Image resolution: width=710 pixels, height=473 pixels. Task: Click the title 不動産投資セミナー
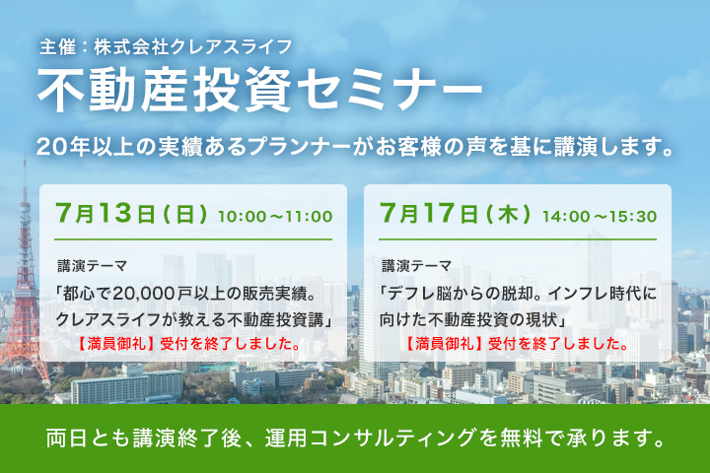[x=259, y=90]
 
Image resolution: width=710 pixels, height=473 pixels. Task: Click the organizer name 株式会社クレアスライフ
[x=193, y=47]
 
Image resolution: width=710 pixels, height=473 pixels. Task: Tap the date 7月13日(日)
[x=131, y=213]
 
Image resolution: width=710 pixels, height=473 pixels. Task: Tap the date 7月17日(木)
[x=455, y=213]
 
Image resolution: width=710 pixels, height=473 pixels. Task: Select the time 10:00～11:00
[x=275, y=217]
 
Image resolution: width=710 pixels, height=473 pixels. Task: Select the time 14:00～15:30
[x=600, y=217]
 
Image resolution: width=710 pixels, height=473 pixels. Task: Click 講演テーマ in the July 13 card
[x=92, y=266]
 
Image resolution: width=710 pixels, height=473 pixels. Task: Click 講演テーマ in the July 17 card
[x=416, y=266]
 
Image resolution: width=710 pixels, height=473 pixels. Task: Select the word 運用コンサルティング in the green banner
[x=371, y=438]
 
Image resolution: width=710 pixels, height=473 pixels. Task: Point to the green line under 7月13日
[x=193, y=239]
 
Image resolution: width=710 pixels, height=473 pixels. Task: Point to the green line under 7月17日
[x=518, y=239]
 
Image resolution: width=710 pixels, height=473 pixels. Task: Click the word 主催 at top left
[x=57, y=47]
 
